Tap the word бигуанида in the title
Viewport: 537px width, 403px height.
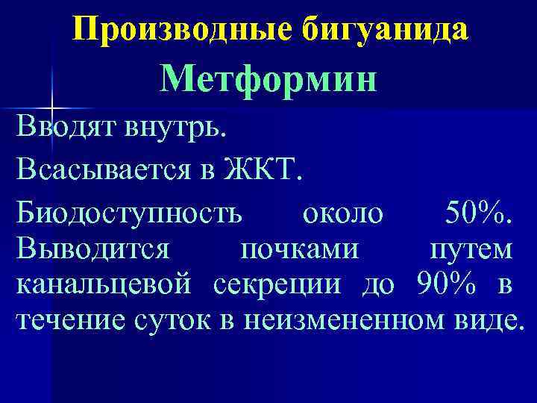[386, 29]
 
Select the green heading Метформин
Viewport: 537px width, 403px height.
[268, 79]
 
